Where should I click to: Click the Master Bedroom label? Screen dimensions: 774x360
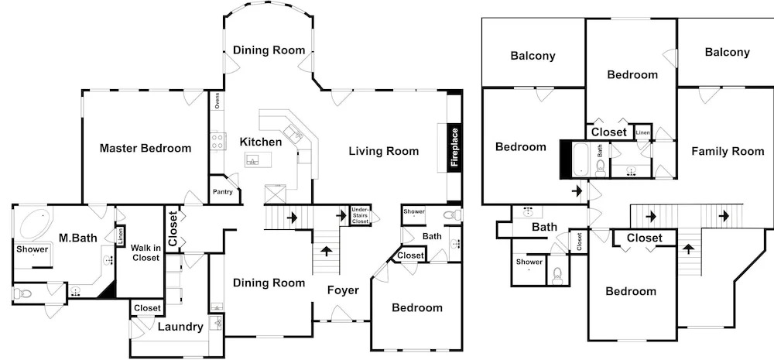(x=146, y=148)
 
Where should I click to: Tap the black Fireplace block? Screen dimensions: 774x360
(x=454, y=148)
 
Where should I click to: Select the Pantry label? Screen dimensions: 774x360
(x=223, y=192)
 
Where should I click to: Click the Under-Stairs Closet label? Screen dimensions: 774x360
(x=361, y=216)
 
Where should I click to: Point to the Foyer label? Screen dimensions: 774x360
(x=343, y=290)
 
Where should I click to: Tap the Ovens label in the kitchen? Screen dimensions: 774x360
(x=217, y=101)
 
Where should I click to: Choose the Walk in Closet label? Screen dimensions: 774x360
(x=146, y=252)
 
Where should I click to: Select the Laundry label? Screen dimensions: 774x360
(x=180, y=327)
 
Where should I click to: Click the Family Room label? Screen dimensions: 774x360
(x=728, y=152)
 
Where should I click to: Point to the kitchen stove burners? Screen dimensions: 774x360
(x=218, y=141)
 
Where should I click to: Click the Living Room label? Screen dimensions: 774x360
(x=384, y=151)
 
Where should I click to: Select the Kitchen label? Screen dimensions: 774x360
(x=261, y=142)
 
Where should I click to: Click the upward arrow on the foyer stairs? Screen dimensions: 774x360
(x=327, y=250)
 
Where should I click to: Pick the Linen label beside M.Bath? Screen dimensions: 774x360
(x=121, y=235)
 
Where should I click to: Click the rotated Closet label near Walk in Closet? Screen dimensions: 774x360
(x=173, y=229)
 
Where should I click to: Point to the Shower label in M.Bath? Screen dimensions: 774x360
(x=32, y=249)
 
